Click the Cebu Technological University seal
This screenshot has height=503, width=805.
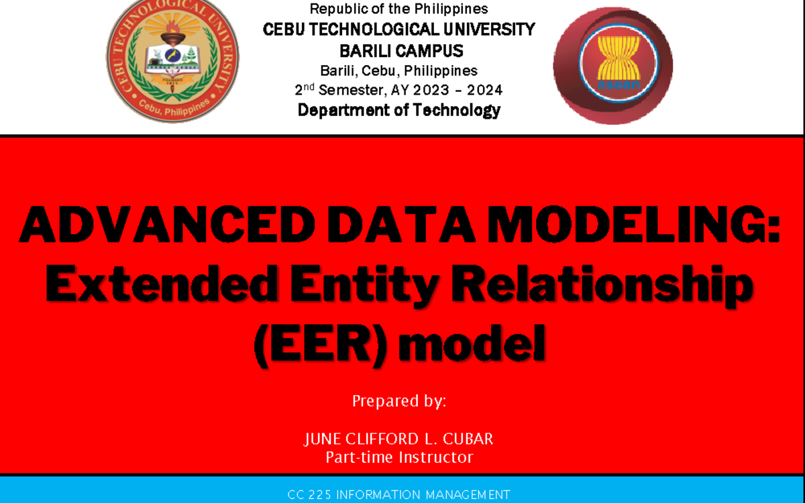tap(172, 62)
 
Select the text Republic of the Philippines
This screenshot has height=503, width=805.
tap(398, 9)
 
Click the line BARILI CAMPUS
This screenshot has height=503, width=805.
tap(401, 51)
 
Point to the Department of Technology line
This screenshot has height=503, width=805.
tap(399, 111)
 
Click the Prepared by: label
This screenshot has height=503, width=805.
tap(399, 401)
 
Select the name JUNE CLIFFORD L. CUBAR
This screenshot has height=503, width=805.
tap(399, 439)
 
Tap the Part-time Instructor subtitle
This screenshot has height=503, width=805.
tap(399, 457)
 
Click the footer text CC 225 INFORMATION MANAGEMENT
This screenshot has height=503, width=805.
tap(399, 495)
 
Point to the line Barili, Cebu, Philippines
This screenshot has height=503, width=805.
tap(399, 70)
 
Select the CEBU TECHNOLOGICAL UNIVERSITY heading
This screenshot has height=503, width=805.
tap(399, 30)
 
